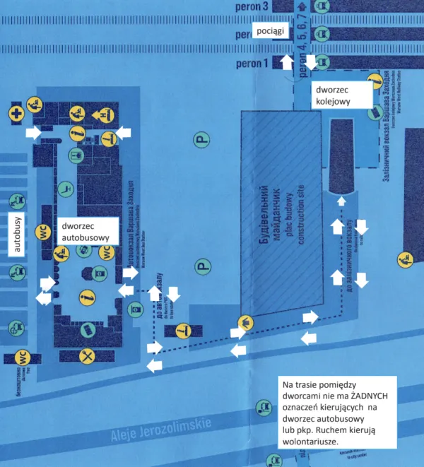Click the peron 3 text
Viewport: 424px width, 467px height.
click(x=254, y=6)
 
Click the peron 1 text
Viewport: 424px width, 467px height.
click(x=254, y=64)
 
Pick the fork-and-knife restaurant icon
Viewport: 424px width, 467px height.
click(x=88, y=355)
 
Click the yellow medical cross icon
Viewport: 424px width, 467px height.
click(x=15, y=112)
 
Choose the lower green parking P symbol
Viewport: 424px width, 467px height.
click(x=203, y=267)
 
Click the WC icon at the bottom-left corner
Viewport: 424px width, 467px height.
click(x=22, y=357)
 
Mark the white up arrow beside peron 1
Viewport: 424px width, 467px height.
click(x=287, y=63)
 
